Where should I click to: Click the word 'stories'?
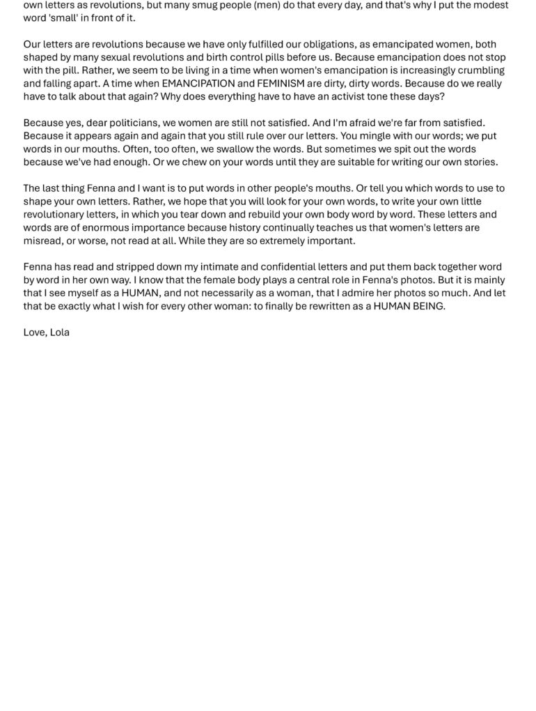tap(480, 162)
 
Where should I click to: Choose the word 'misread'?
tap(43, 241)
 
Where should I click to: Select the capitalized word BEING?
tap(426, 306)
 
